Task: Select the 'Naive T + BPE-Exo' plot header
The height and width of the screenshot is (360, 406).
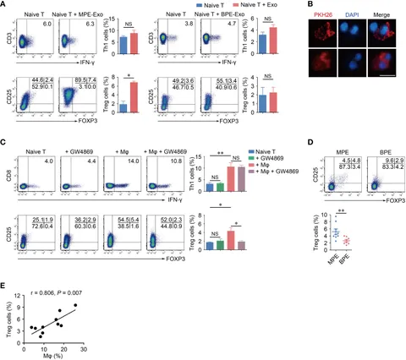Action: tap(211, 14)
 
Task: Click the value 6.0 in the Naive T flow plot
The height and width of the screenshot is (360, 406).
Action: tap(48, 25)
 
